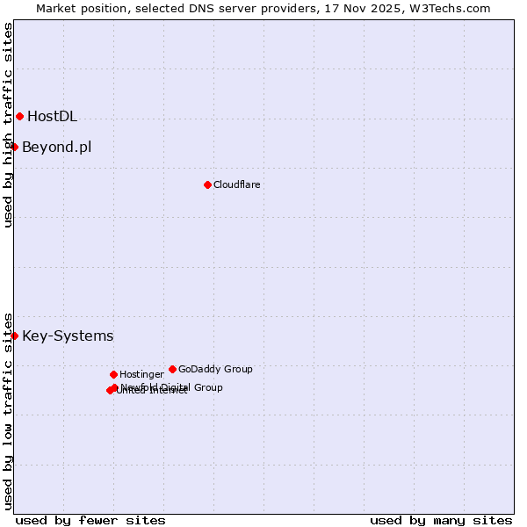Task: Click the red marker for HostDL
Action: pos(19,116)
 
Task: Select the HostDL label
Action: pos(52,116)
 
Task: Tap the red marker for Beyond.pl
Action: pos(15,147)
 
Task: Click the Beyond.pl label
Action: pos(56,147)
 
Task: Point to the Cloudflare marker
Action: pos(207,184)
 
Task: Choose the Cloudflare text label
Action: pos(236,184)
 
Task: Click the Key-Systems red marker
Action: pos(15,336)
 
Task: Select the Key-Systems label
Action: pos(68,336)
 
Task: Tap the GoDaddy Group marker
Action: pos(172,369)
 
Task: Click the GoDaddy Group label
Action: pos(215,369)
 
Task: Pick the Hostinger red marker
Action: pos(113,374)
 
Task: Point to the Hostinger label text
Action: pos(141,374)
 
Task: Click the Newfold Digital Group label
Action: pos(172,387)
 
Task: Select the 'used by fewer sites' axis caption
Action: pos(90,520)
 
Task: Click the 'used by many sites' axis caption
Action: pos(441,520)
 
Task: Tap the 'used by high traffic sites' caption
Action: pos(8,125)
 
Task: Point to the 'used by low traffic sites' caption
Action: pos(8,411)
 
